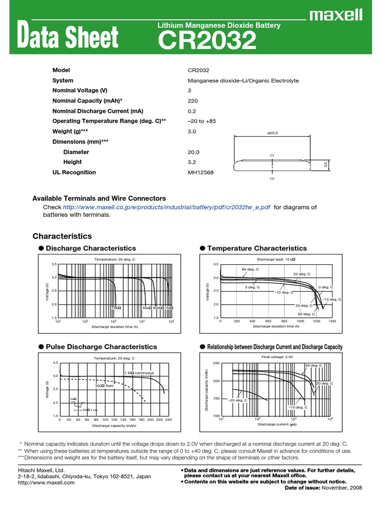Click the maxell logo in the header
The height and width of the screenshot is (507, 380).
point(336,16)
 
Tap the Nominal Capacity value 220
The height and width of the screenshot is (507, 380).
point(192,101)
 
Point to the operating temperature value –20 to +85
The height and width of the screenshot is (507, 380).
point(202,121)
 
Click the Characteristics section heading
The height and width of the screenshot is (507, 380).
point(62,236)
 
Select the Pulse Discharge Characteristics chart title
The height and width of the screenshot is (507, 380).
point(101,347)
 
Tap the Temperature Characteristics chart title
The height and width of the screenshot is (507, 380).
point(257,248)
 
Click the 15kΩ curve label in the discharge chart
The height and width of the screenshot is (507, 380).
point(116,308)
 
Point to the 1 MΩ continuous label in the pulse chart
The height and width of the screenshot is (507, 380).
point(139,372)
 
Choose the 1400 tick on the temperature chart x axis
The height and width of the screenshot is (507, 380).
point(332,321)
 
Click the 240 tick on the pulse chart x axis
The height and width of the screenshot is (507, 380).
point(168,420)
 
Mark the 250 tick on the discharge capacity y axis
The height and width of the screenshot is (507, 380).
point(216,363)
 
